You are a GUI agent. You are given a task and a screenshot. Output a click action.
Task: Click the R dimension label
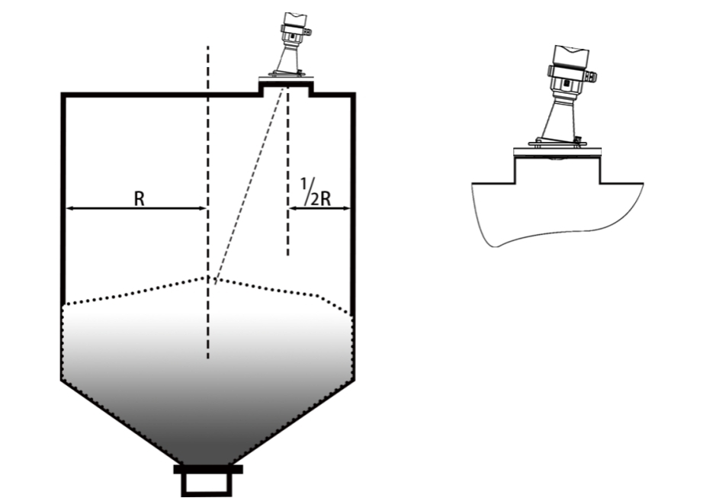[x=140, y=199]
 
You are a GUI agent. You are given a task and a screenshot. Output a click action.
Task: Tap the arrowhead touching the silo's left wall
[x=70, y=208]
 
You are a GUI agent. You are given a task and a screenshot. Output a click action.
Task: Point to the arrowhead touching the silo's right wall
[x=345, y=208]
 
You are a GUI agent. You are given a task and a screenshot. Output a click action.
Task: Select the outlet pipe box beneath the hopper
[x=207, y=484]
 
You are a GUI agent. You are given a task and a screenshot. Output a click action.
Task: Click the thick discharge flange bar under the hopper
[x=208, y=469]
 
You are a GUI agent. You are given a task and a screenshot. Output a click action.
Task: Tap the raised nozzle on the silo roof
[x=286, y=87]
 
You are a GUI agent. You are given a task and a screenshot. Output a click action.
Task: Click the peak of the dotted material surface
[x=208, y=278]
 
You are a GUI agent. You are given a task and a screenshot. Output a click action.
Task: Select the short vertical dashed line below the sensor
[x=287, y=172]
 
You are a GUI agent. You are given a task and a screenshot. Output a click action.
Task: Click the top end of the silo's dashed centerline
[x=207, y=46]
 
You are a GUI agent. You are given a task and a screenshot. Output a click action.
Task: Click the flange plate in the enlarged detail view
[x=557, y=153]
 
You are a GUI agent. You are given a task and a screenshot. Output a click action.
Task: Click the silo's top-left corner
[x=63, y=95]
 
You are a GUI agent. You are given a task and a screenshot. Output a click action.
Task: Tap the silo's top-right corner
[x=354, y=95]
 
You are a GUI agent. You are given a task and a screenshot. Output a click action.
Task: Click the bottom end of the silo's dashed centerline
[x=207, y=358]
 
